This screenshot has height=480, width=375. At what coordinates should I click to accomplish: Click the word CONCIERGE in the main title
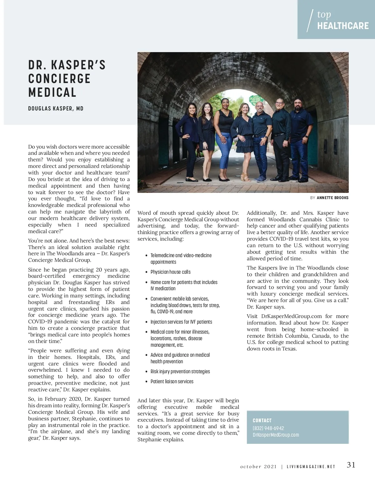click(x=59, y=79)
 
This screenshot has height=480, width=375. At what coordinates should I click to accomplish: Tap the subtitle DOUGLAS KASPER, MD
click(x=56, y=109)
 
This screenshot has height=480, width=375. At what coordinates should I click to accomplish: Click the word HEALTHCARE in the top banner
click(x=343, y=26)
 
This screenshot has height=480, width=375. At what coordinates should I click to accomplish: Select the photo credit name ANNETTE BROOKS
click(x=332, y=198)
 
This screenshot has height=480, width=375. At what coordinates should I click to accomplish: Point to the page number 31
click(x=351, y=465)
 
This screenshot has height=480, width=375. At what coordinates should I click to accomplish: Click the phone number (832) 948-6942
click(x=268, y=428)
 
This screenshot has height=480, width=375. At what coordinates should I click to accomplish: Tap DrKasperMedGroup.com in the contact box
click(x=276, y=435)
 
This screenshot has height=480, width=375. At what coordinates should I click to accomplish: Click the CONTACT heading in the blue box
click(x=262, y=420)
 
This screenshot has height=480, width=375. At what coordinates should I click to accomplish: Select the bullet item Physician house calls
click(x=170, y=272)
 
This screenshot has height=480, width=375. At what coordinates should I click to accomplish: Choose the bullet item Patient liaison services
click(x=172, y=381)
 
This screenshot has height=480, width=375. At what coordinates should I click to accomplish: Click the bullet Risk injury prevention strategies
click(x=180, y=371)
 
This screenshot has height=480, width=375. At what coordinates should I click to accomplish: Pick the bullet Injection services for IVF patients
click(x=181, y=322)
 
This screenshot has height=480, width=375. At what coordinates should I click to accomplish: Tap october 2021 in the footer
click(x=258, y=467)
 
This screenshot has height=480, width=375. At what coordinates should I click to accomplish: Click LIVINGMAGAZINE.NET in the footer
click(x=311, y=467)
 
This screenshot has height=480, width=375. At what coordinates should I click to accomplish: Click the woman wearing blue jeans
click(x=225, y=140)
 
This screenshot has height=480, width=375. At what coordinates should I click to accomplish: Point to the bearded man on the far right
click(x=301, y=137)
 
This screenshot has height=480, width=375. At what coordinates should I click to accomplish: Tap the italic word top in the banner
click(x=324, y=14)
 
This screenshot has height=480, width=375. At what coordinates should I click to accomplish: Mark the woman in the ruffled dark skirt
click(x=242, y=140)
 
